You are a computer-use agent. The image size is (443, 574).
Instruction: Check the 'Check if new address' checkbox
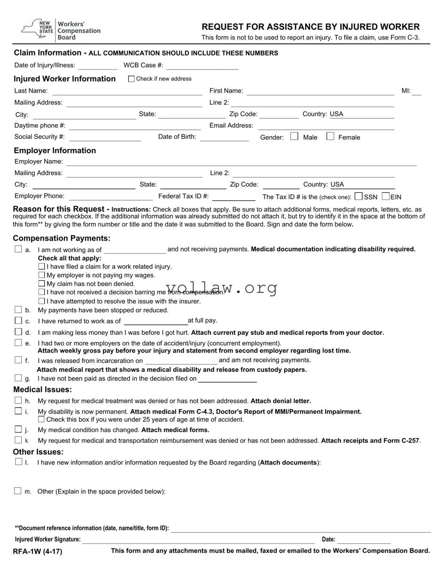coord(131,79)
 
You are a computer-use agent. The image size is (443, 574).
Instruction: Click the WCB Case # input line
coord(202,66)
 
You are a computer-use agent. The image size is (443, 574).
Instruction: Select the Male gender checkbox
coord(294,137)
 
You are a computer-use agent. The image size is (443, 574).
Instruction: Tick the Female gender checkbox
coord(330,137)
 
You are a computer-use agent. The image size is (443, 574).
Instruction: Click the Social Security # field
coord(105,137)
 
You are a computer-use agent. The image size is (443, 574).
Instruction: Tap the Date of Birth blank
coord(224,137)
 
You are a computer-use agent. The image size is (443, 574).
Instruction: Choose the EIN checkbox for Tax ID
coord(386,197)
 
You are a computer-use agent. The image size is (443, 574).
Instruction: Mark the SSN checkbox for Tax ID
coord(359,197)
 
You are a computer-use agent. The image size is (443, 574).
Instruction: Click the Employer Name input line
coord(241,162)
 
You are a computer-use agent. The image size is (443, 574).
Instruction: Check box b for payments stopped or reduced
coord(18,310)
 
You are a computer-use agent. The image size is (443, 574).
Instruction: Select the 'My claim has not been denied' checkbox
coord(41,283)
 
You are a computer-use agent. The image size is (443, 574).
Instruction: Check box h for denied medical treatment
coord(18,401)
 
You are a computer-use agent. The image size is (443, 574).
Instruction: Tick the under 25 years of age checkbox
coord(41,419)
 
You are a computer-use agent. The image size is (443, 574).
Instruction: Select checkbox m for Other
coord(18,491)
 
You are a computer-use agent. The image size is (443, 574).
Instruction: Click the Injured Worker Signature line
coord(198,540)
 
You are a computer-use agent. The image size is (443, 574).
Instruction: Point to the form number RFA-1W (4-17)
coord(38,551)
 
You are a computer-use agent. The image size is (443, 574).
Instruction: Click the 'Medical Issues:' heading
coord(43,390)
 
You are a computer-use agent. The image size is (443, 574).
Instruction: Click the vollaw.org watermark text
coord(221,288)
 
